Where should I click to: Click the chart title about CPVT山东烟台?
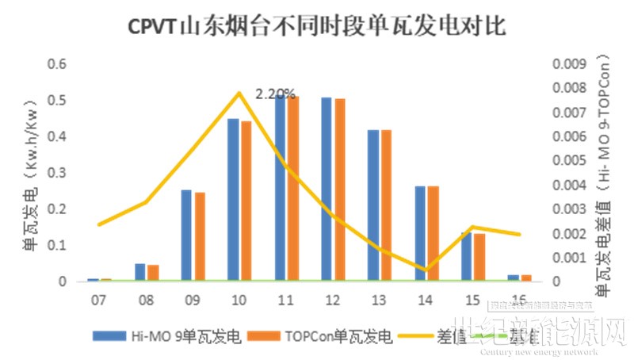(317, 26)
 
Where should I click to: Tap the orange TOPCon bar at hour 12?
(340, 190)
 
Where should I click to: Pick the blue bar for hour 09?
(186, 236)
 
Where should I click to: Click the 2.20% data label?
(275, 94)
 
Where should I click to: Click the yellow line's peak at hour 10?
(239, 93)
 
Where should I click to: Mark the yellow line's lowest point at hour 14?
(426, 270)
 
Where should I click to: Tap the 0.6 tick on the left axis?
(56, 63)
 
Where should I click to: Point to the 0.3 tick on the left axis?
(56, 173)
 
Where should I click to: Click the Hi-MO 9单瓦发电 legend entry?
(166, 335)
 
